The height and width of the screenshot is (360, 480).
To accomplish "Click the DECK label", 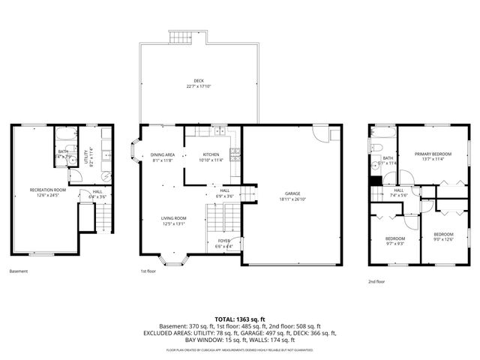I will [198, 80].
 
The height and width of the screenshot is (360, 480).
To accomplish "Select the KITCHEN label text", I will [211, 154].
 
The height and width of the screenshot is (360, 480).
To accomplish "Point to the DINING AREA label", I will [163, 154].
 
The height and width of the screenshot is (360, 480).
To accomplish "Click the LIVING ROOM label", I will [174, 218].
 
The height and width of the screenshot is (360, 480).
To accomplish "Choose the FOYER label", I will [223, 241].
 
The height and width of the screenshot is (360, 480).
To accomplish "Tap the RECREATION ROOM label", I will [47, 190].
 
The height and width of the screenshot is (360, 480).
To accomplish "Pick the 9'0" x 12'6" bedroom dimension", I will [444, 240].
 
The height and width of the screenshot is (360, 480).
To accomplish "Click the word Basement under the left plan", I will [19, 271].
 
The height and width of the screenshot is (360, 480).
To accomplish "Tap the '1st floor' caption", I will [148, 271].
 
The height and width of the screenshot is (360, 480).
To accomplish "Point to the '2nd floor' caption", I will [376, 281].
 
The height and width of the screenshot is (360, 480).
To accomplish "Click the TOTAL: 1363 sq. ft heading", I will [239, 319].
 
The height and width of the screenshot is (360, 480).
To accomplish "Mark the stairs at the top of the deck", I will [177, 38].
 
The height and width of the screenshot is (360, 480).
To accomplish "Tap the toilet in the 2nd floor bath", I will [375, 147].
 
